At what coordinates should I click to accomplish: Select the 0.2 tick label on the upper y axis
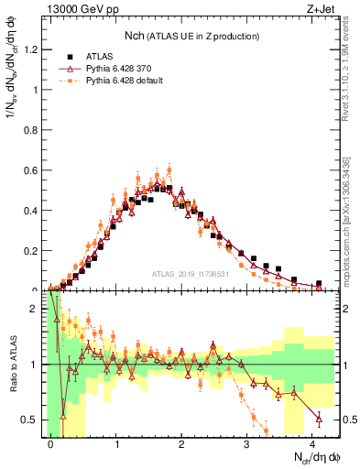(x=35, y=250)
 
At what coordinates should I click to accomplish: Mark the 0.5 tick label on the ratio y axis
(x=35, y=420)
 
